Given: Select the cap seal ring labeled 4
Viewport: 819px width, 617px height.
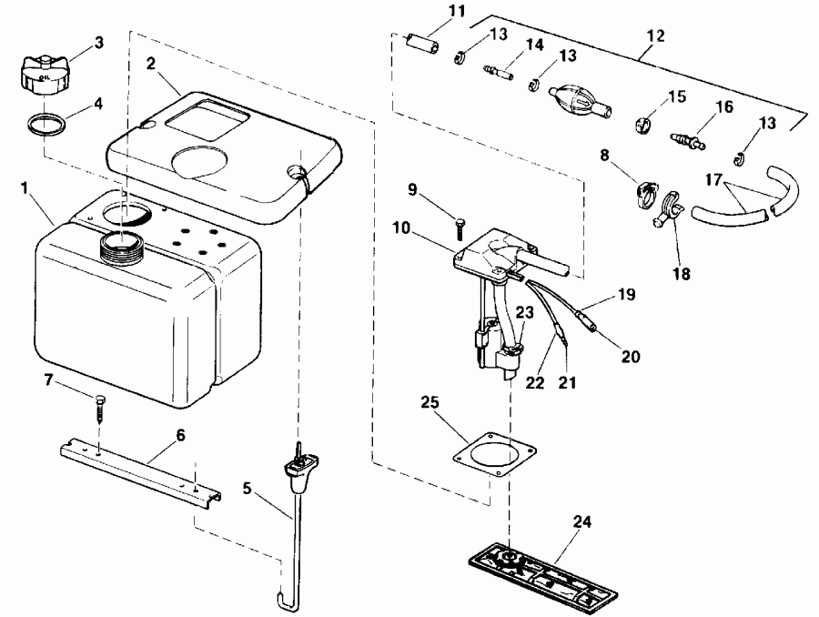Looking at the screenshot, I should (46, 123).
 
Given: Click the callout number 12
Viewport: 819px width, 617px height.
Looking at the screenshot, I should (655, 37).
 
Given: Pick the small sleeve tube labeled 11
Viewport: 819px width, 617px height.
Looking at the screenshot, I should (421, 46).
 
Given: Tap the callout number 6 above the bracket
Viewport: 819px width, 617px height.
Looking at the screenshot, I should (179, 436).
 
